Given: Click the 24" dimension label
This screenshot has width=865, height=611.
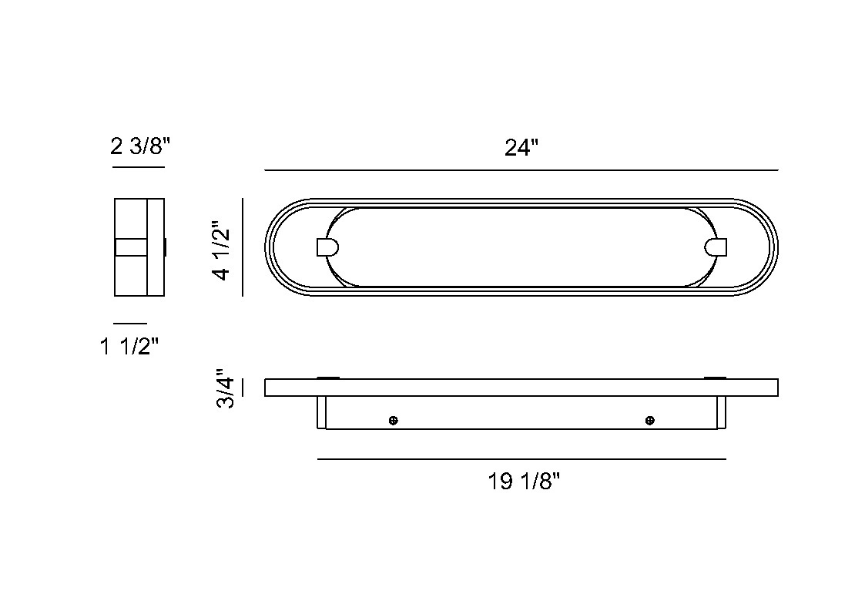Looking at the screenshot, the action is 521,147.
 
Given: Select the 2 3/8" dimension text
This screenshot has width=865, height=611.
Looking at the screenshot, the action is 140,146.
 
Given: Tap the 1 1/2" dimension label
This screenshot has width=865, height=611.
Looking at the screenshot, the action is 129,347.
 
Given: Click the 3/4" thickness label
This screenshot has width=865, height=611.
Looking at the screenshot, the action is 225,388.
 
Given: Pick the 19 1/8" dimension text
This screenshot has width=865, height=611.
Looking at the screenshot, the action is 524,482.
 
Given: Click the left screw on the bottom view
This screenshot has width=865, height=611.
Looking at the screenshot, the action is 394,421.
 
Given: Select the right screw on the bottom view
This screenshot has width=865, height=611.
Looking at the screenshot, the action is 650,421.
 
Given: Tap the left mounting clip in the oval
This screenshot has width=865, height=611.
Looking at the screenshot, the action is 327,247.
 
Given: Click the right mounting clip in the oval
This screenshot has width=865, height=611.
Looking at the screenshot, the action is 716,247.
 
